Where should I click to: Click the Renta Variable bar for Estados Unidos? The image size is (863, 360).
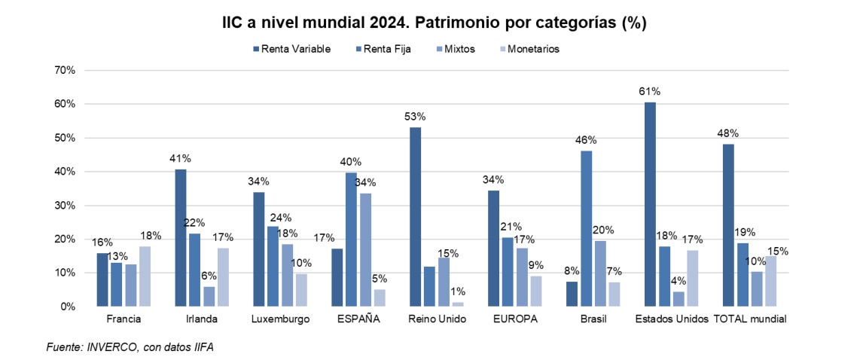click(650, 204)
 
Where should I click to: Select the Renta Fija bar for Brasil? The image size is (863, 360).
click(587, 228)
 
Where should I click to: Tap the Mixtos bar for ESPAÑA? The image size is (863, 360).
click(366, 250)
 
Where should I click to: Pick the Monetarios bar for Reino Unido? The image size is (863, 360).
click(458, 304)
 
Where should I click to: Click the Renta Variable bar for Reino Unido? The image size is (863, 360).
click(415, 217)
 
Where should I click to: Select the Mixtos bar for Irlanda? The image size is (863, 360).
click(209, 297)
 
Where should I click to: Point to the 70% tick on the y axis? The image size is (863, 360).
click(64, 70)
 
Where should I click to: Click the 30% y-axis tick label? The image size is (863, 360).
click(64, 206)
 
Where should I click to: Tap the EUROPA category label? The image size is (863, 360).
click(515, 319)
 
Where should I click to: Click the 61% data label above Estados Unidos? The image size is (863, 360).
click(650, 91)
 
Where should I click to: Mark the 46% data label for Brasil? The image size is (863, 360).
click(586, 140)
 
